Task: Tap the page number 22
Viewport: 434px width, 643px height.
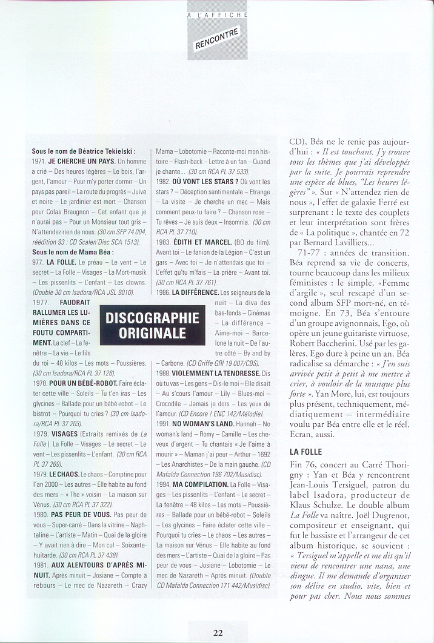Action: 218,633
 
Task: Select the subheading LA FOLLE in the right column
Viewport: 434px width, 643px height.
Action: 305,451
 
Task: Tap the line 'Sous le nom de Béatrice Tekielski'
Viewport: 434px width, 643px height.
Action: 83,151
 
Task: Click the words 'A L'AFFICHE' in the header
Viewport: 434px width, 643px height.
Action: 217,4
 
